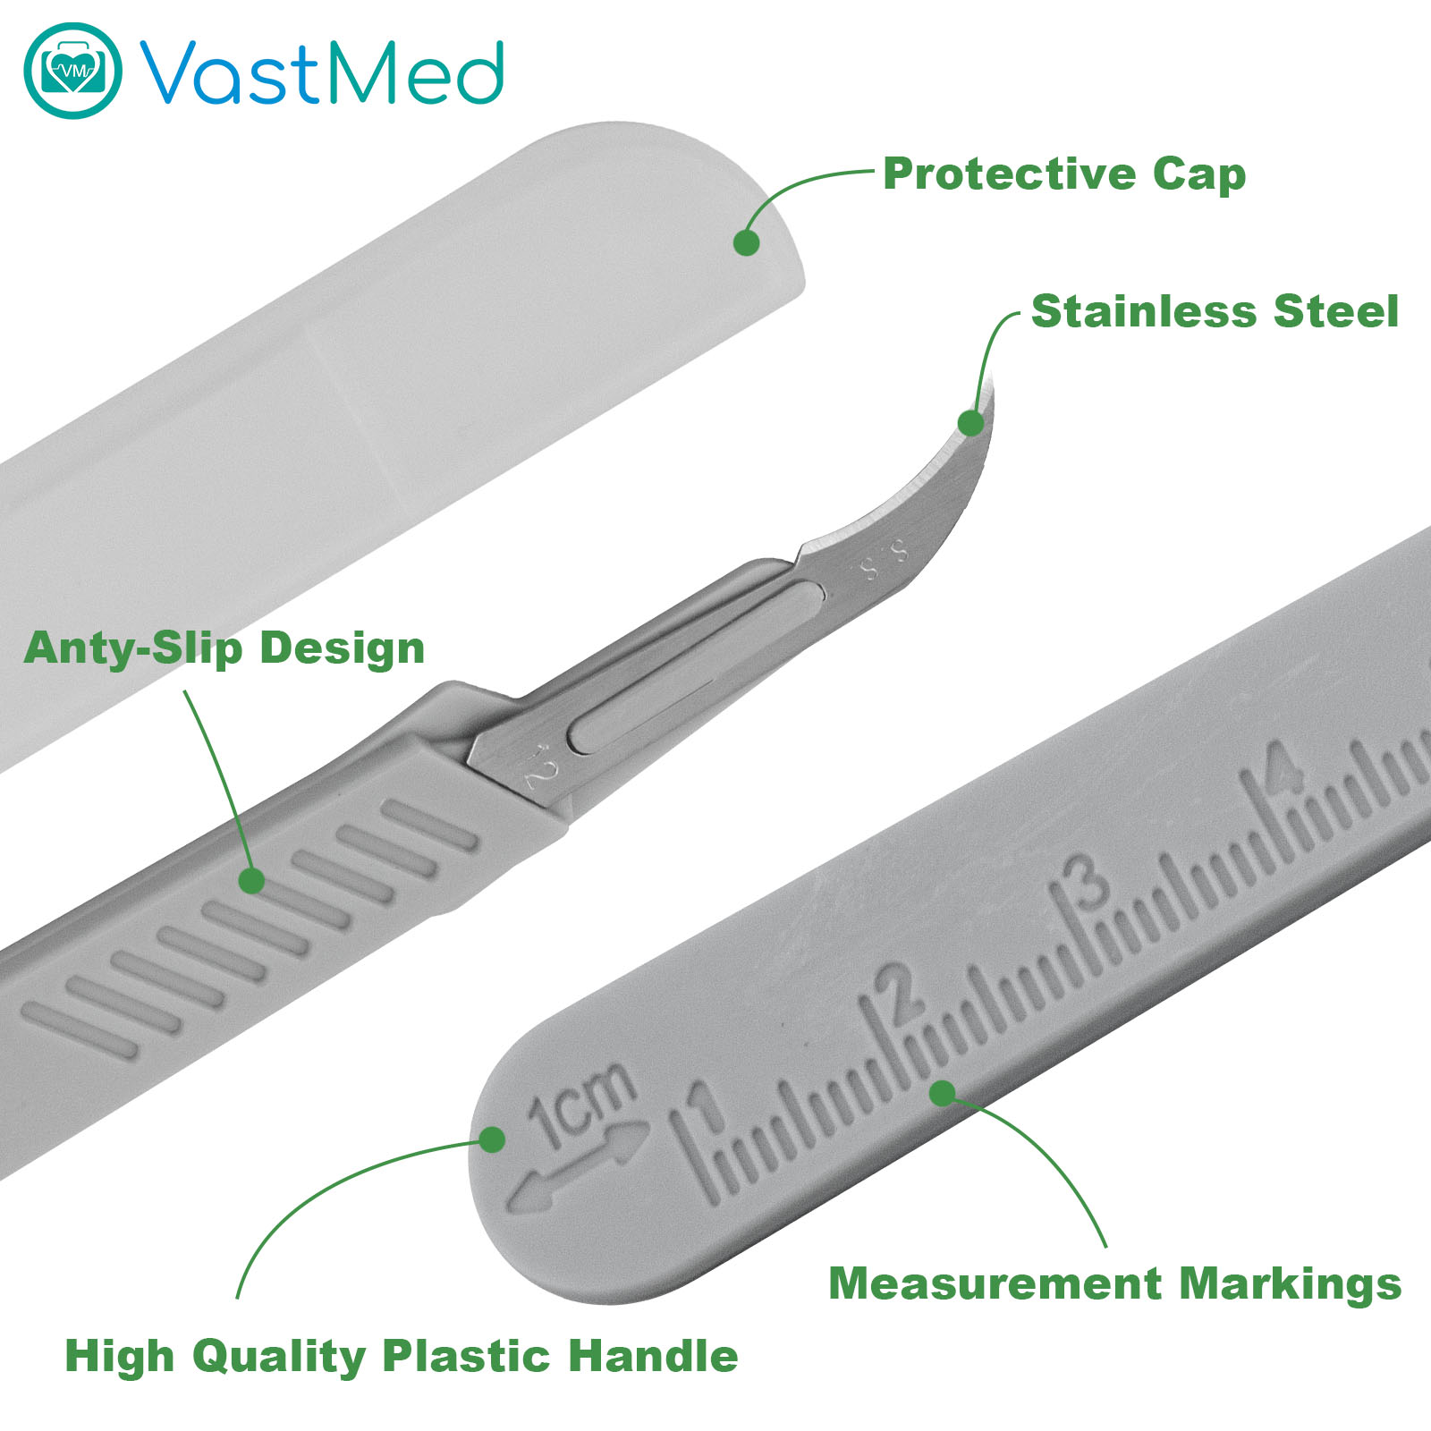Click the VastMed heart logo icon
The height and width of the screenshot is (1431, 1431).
pos(72,71)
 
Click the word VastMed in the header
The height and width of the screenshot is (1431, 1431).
pos(321,72)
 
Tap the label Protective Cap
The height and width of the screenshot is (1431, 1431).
pos(1064,174)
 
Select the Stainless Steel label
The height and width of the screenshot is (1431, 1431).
pos(1215,311)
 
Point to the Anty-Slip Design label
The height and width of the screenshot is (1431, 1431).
pos(224,648)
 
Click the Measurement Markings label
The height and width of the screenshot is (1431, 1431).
pos(1115,1283)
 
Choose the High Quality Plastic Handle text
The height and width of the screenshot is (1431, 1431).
pos(402,1356)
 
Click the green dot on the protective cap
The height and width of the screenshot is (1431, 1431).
pos(746,242)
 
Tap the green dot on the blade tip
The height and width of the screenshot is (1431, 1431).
pos(970,423)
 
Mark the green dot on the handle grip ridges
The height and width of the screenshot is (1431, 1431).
pos(252,881)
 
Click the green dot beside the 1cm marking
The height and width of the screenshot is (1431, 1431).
pos(492,1139)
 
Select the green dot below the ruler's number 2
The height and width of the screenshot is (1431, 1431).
pos(943,1093)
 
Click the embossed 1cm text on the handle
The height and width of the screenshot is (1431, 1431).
pos(581,1103)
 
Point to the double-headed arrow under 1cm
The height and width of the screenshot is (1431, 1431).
pos(578,1169)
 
